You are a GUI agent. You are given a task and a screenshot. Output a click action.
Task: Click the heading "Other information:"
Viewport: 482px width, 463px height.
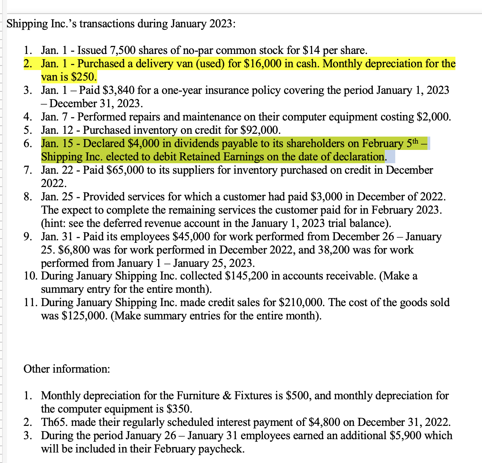pyautogui.click(x=67, y=369)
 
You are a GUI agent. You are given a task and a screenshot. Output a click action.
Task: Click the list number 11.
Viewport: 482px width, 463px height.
pyautogui.click(x=30, y=303)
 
